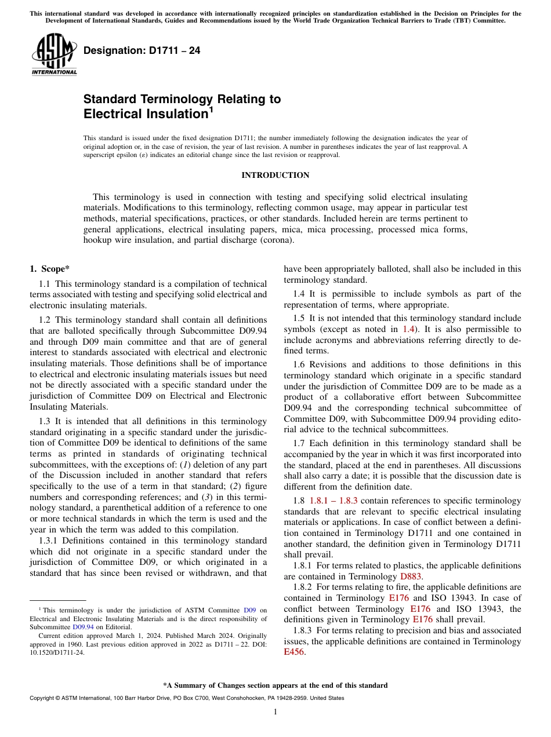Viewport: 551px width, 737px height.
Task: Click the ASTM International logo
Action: click(54, 54)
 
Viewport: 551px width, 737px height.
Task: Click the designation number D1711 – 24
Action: click(142, 51)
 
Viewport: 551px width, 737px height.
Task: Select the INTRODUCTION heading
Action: click(275, 175)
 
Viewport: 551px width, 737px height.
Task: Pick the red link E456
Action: click(294, 652)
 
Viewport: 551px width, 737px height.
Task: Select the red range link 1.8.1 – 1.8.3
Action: click(333, 501)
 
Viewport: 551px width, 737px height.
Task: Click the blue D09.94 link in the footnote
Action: click(83, 627)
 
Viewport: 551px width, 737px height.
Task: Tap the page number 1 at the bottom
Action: click(275, 712)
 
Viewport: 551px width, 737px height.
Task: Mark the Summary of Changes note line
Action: click(275, 685)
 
